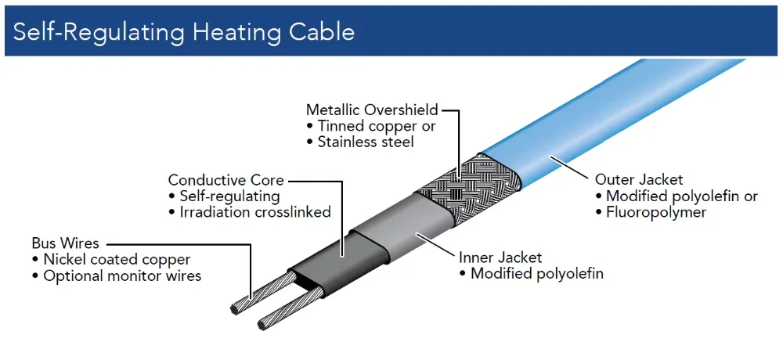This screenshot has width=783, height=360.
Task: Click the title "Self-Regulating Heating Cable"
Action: tap(184, 31)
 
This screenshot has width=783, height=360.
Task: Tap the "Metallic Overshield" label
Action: tap(372, 110)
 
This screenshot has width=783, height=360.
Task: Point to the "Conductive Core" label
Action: tap(226, 181)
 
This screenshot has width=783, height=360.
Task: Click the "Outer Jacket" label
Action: tap(628, 180)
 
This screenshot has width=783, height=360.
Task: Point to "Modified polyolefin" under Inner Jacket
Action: tap(536, 274)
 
